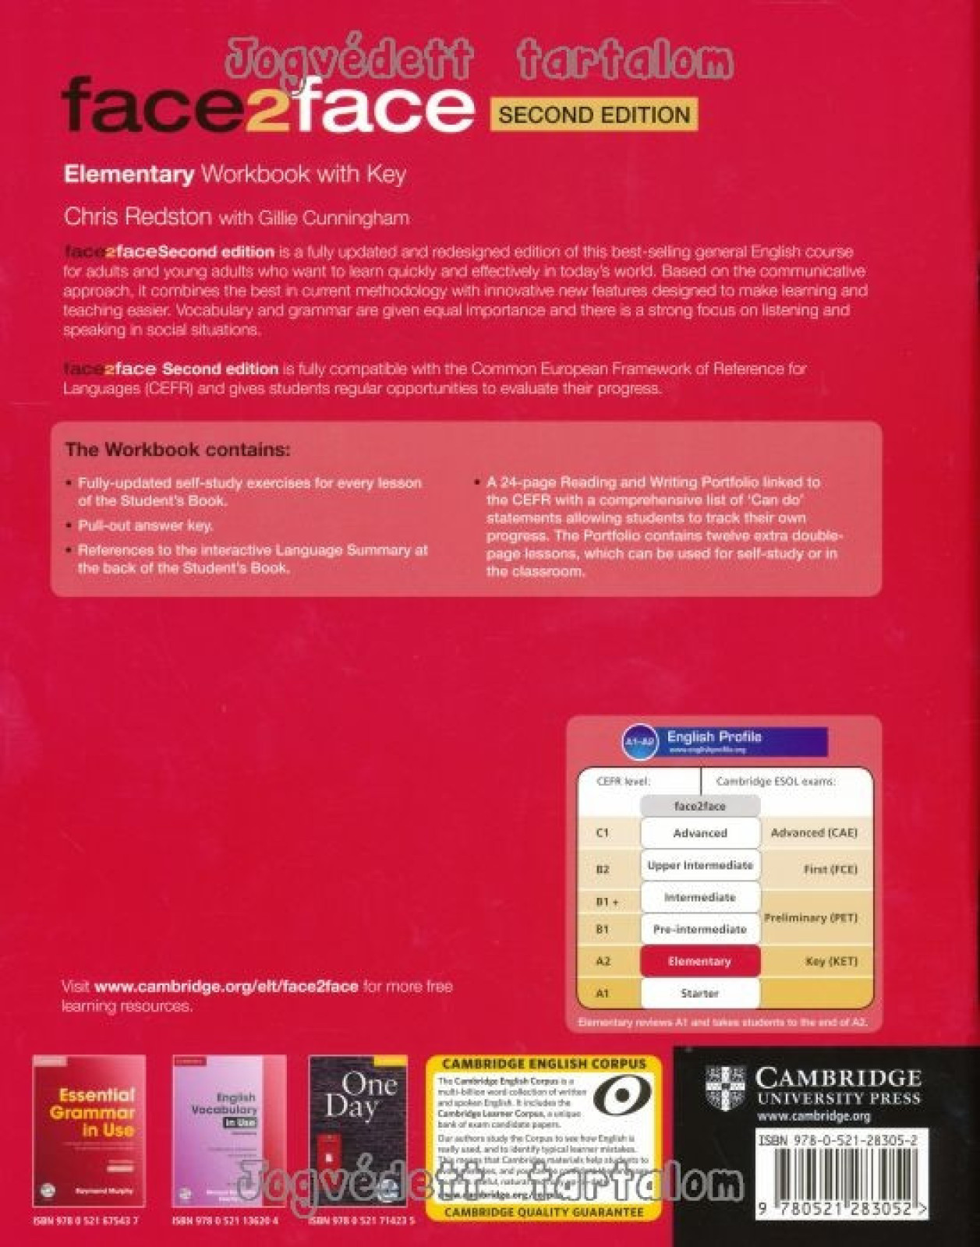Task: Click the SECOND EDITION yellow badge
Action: [594, 115]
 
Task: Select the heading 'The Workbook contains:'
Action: [177, 450]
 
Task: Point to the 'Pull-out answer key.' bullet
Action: [145, 525]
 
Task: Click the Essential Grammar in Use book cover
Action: [89, 1130]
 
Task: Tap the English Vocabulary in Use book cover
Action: [228, 1130]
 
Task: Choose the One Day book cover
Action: [358, 1130]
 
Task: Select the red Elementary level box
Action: [699, 961]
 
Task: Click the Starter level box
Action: [699, 993]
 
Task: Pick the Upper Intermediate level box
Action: [699, 865]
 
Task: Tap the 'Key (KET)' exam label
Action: [831, 961]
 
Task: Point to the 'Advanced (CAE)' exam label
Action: [813, 832]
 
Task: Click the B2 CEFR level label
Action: [603, 869]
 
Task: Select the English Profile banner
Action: [725, 741]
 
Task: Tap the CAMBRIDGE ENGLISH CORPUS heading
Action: [543, 1063]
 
